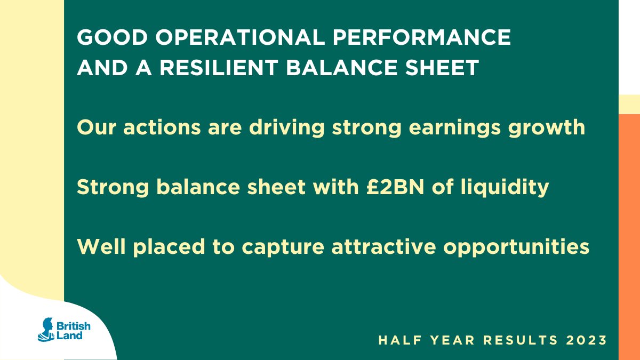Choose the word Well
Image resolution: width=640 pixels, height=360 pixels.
click(97, 246)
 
